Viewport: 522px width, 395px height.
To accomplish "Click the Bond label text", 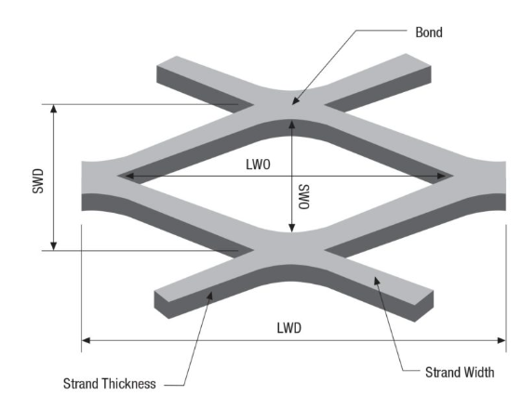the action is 429,33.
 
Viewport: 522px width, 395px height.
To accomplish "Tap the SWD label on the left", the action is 38,181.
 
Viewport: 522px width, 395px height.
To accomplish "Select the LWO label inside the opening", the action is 258,165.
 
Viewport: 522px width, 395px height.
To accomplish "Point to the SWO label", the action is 303,197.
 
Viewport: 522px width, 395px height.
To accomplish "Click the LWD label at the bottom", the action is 289,328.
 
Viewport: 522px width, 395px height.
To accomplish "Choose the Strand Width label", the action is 460,373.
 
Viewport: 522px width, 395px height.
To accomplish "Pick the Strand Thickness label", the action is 110,383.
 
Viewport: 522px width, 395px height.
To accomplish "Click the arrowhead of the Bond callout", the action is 296,100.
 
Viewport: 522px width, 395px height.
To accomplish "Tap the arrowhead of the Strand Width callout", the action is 377,282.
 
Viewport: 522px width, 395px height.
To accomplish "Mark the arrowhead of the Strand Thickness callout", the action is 209,296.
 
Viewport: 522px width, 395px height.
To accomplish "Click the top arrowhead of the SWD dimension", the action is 53,109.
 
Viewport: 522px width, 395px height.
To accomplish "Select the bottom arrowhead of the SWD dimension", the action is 53,246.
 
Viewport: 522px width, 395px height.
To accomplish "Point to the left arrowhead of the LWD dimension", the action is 87,340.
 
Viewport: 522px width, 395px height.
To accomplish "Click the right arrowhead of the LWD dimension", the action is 502,340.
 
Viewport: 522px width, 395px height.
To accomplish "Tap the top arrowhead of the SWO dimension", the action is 291,125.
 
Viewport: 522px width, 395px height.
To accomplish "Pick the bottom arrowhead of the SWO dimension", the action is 291,228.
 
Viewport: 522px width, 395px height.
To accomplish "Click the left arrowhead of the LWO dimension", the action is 129,176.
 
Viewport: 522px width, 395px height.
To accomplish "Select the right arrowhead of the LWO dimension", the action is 441,176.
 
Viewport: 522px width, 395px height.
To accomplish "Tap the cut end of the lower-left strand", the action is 162,305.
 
